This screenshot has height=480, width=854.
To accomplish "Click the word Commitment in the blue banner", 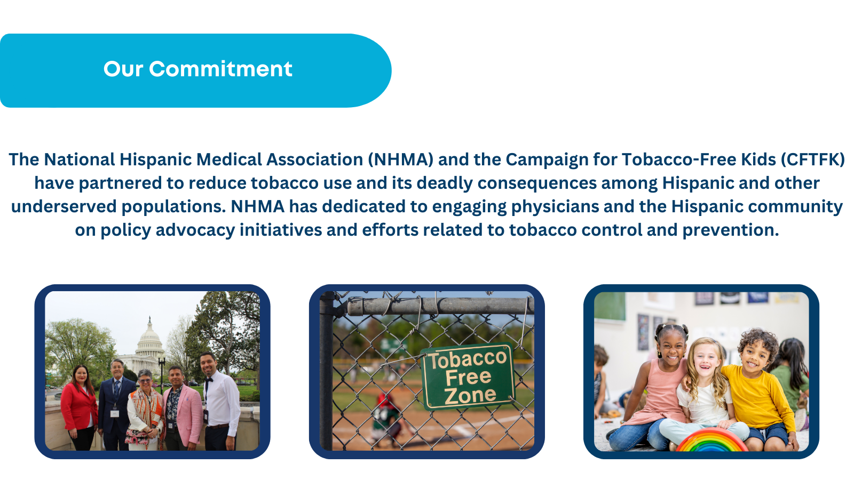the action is pyautogui.click(x=220, y=69).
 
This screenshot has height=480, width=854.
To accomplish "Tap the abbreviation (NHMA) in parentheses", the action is pyautogui.click(x=401, y=159).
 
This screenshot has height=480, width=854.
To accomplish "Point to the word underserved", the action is pyautogui.click(x=64, y=206).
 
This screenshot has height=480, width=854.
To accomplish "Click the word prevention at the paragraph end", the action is pyautogui.click(x=731, y=230).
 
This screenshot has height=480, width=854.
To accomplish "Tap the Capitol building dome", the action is pyautogui.click(x=150, y=335).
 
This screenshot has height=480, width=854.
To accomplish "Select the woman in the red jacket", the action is pyautogui.click(x=79, y=407).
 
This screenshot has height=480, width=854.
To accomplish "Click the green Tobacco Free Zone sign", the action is pyautogui.click(x=468, y=376).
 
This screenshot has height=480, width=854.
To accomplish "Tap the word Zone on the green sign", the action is pyautogui.click(x=470, y=395).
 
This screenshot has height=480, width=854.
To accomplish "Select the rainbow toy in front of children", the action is pyautogui.click(x=711, y=441).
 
